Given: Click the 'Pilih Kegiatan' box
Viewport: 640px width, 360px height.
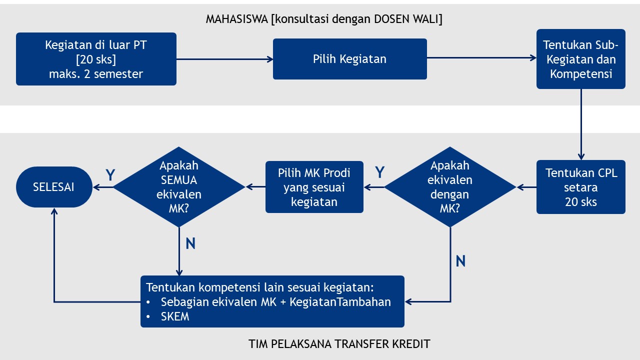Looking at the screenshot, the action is click(349, 59).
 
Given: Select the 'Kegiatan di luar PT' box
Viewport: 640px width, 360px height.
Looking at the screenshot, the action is click(96, 59).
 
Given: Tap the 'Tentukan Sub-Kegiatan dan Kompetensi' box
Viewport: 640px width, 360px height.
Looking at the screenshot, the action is click(581, 59).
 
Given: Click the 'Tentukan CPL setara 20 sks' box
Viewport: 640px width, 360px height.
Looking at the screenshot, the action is click(581, 187).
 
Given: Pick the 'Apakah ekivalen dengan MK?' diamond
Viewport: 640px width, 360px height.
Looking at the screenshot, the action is click(450, 187).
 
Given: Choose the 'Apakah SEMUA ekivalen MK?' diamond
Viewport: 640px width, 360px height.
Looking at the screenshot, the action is click(179, 187).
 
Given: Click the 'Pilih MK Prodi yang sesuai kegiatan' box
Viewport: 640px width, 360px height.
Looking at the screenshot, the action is click(314, 187).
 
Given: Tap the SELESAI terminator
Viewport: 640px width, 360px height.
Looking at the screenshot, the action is click(54, 187).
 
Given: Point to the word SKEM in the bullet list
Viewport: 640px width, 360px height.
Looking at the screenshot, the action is click(175, 316).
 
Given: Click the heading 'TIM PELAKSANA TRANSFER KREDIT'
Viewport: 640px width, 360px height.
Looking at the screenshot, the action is click(339, 344).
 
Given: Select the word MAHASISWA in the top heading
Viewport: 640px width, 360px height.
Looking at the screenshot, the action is click(237, 19).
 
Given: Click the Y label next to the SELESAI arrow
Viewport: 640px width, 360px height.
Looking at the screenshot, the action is click(110, 174).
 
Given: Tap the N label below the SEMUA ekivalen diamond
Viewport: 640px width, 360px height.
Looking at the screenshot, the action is click(190, 243).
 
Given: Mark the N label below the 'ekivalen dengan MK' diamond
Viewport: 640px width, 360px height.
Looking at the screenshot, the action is click(460, 261).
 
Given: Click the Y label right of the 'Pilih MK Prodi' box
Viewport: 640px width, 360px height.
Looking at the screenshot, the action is click(379, 172).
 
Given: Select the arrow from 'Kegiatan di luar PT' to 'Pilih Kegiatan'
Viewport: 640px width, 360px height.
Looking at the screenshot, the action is click(224, 59).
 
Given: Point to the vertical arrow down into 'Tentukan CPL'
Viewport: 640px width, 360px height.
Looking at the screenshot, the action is click(581, 124).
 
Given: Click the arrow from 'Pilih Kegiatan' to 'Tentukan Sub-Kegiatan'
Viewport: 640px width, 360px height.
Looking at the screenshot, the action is click(481, 57).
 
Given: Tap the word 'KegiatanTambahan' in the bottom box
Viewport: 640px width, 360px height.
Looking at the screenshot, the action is click(340, 302).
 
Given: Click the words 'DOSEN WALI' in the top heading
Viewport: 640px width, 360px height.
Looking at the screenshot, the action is click(406, 19).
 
